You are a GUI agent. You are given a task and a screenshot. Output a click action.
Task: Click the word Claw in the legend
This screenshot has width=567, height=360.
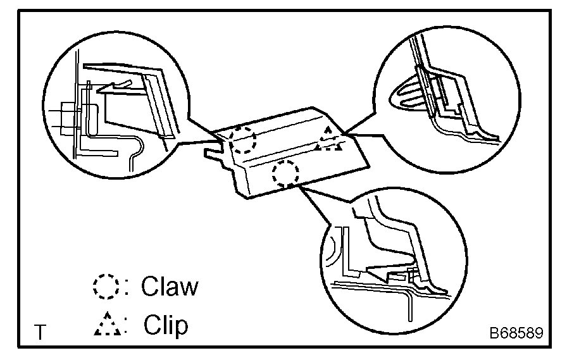pyautogui.click(x=169, y=286)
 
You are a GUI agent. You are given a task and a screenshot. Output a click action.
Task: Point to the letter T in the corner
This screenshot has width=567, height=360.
pyautogui.click(x=40, y=333)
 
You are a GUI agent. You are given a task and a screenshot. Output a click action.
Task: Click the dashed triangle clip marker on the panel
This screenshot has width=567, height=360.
pyautogui.click(x=329, y=140)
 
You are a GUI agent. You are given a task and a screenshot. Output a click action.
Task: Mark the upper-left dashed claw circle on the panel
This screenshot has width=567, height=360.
pyautogui.click(x=243, y=139)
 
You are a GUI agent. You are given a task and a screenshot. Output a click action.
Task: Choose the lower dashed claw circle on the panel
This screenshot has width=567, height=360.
pyautogui.click(x=286, y=173)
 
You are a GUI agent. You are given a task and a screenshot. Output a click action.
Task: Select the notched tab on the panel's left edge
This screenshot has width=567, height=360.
pyautogui.click(x=213, y=153)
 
